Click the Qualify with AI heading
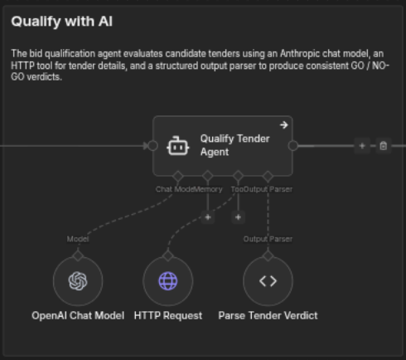[62, 22]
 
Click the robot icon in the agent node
[178, 146]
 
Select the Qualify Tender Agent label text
[234, 145]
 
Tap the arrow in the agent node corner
[284, 125]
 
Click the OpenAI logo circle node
[78, 281]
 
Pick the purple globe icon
[168, 281]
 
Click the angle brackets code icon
[268, 281]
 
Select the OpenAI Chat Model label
[78, 315]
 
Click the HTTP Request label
[168, 315]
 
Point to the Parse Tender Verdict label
[268, 315]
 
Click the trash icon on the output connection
[383, 146]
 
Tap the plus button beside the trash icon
[362, 146]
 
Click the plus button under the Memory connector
[208, 217]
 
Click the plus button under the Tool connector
[238, 217]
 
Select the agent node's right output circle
[293, 146]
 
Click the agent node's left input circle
[153, 146]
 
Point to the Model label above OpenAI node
[78, 239]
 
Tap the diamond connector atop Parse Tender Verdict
[268, 255]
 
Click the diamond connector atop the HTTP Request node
[168, 255]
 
